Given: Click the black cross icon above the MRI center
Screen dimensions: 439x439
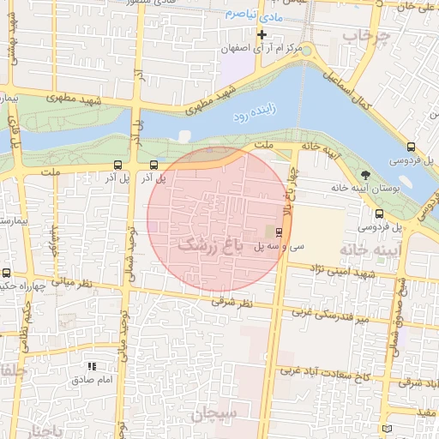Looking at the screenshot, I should click(262, 35).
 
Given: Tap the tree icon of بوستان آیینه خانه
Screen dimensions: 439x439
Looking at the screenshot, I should click(367, 175).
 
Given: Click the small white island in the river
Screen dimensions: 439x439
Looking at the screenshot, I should click(183, 135).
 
